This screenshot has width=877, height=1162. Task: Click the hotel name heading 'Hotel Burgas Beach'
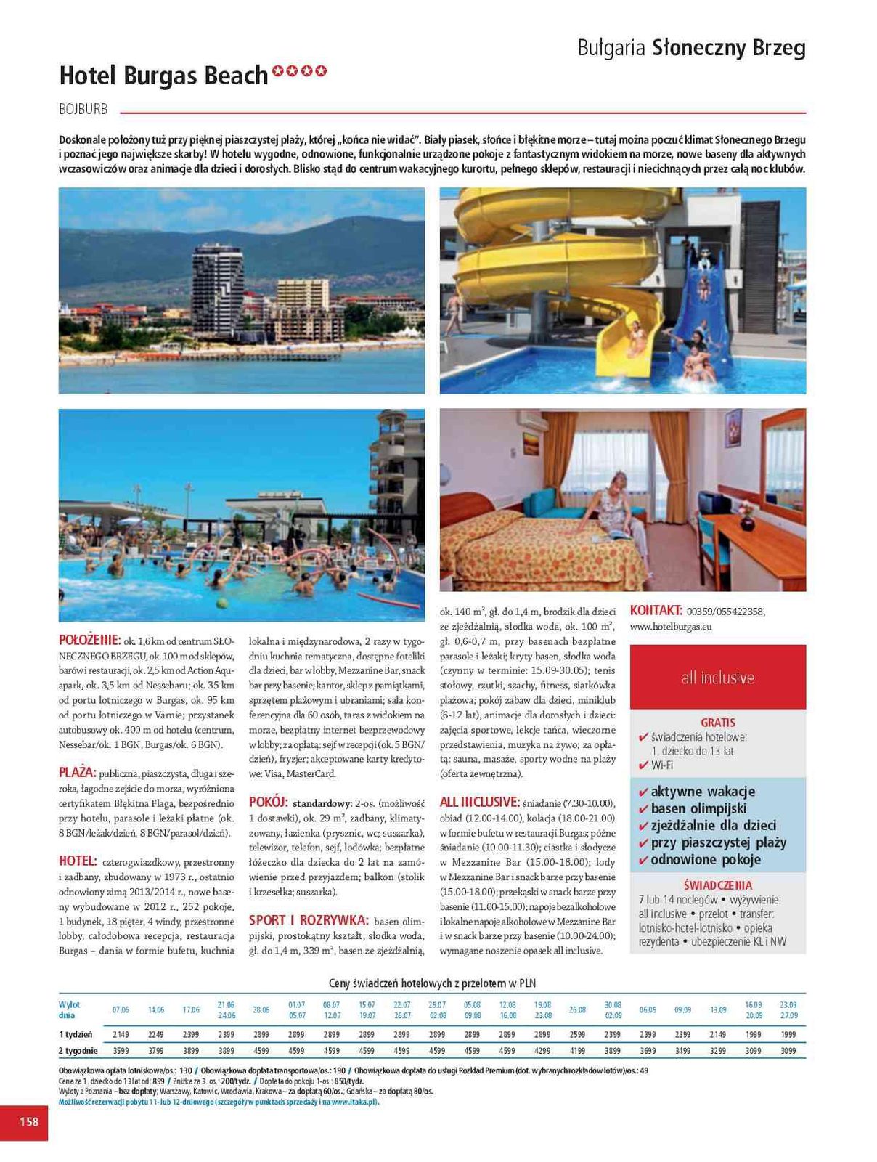coord(163,76)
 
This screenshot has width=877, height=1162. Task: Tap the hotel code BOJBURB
coord(83,109)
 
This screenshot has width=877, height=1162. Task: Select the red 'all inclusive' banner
coord(717,677)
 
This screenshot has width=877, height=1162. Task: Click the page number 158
coord(28,1121)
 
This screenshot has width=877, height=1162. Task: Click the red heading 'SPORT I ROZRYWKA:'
coord(309,920)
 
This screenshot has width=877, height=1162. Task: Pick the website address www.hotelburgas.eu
coord(671,626)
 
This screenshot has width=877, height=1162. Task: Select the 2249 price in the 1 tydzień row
coord(155,1034)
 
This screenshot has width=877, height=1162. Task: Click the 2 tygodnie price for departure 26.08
coord(577,1050)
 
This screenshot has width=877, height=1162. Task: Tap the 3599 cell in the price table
coord(121,1050)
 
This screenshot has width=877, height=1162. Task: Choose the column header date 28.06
coord(261,1009)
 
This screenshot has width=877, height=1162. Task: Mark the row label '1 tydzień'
coord(76,1034)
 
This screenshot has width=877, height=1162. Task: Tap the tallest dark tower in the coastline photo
coord(216,289)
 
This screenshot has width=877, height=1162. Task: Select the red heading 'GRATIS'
coord(717,722)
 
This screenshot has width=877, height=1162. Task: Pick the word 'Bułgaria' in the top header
coord(611,48)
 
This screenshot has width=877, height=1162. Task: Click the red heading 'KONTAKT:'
coord(656,611)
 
